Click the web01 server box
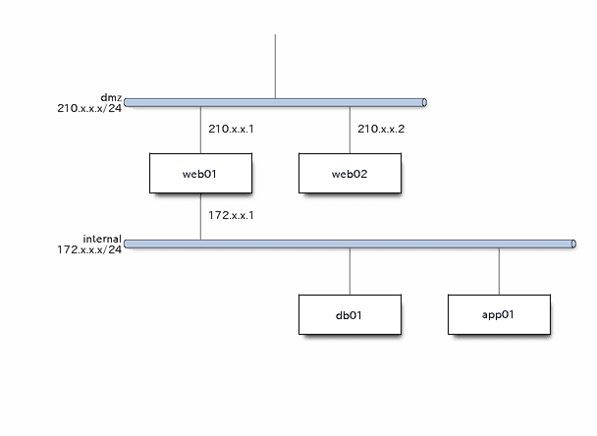pos(200,174)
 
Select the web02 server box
pos(350,174)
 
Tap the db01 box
pos(350,315)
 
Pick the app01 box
pos(498,315)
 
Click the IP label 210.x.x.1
pos(232,128)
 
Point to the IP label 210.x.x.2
pos(382,128)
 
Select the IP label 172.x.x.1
pos(232,214)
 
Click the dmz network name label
pos(110,96)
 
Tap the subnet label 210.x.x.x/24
pos(89,108)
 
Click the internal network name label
pos(102,238)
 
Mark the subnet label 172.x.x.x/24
pos(89,249)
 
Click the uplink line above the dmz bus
pos(275,65)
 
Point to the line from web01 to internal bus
pos(200,217)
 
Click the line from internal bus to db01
pos(351,270)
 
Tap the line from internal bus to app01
pos(499,270)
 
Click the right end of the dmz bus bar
pos(422,101)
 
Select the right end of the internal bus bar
pos(571,243)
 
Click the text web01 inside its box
pos(198,174)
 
